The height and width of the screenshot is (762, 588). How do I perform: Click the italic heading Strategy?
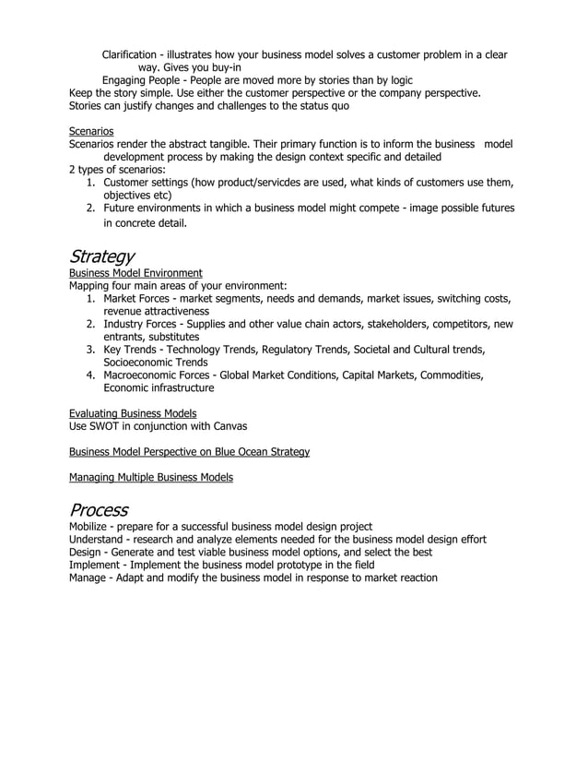click(102, 256)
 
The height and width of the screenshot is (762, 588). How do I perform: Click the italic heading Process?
click(99, 509)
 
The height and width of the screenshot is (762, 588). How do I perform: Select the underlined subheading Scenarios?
click(91, 132)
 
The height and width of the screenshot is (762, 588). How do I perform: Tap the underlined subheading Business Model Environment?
click(135, 273)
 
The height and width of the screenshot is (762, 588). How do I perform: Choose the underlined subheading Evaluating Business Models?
click(133, 412)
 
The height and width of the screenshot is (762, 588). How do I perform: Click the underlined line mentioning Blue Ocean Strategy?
click(189, 451)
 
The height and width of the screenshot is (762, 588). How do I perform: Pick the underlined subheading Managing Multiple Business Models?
click(151, 477)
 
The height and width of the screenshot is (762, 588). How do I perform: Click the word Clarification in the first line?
click(133, 55)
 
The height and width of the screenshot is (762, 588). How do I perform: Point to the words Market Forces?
click(137, 299)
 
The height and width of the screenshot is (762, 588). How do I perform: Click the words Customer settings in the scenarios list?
click(145, 184)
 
